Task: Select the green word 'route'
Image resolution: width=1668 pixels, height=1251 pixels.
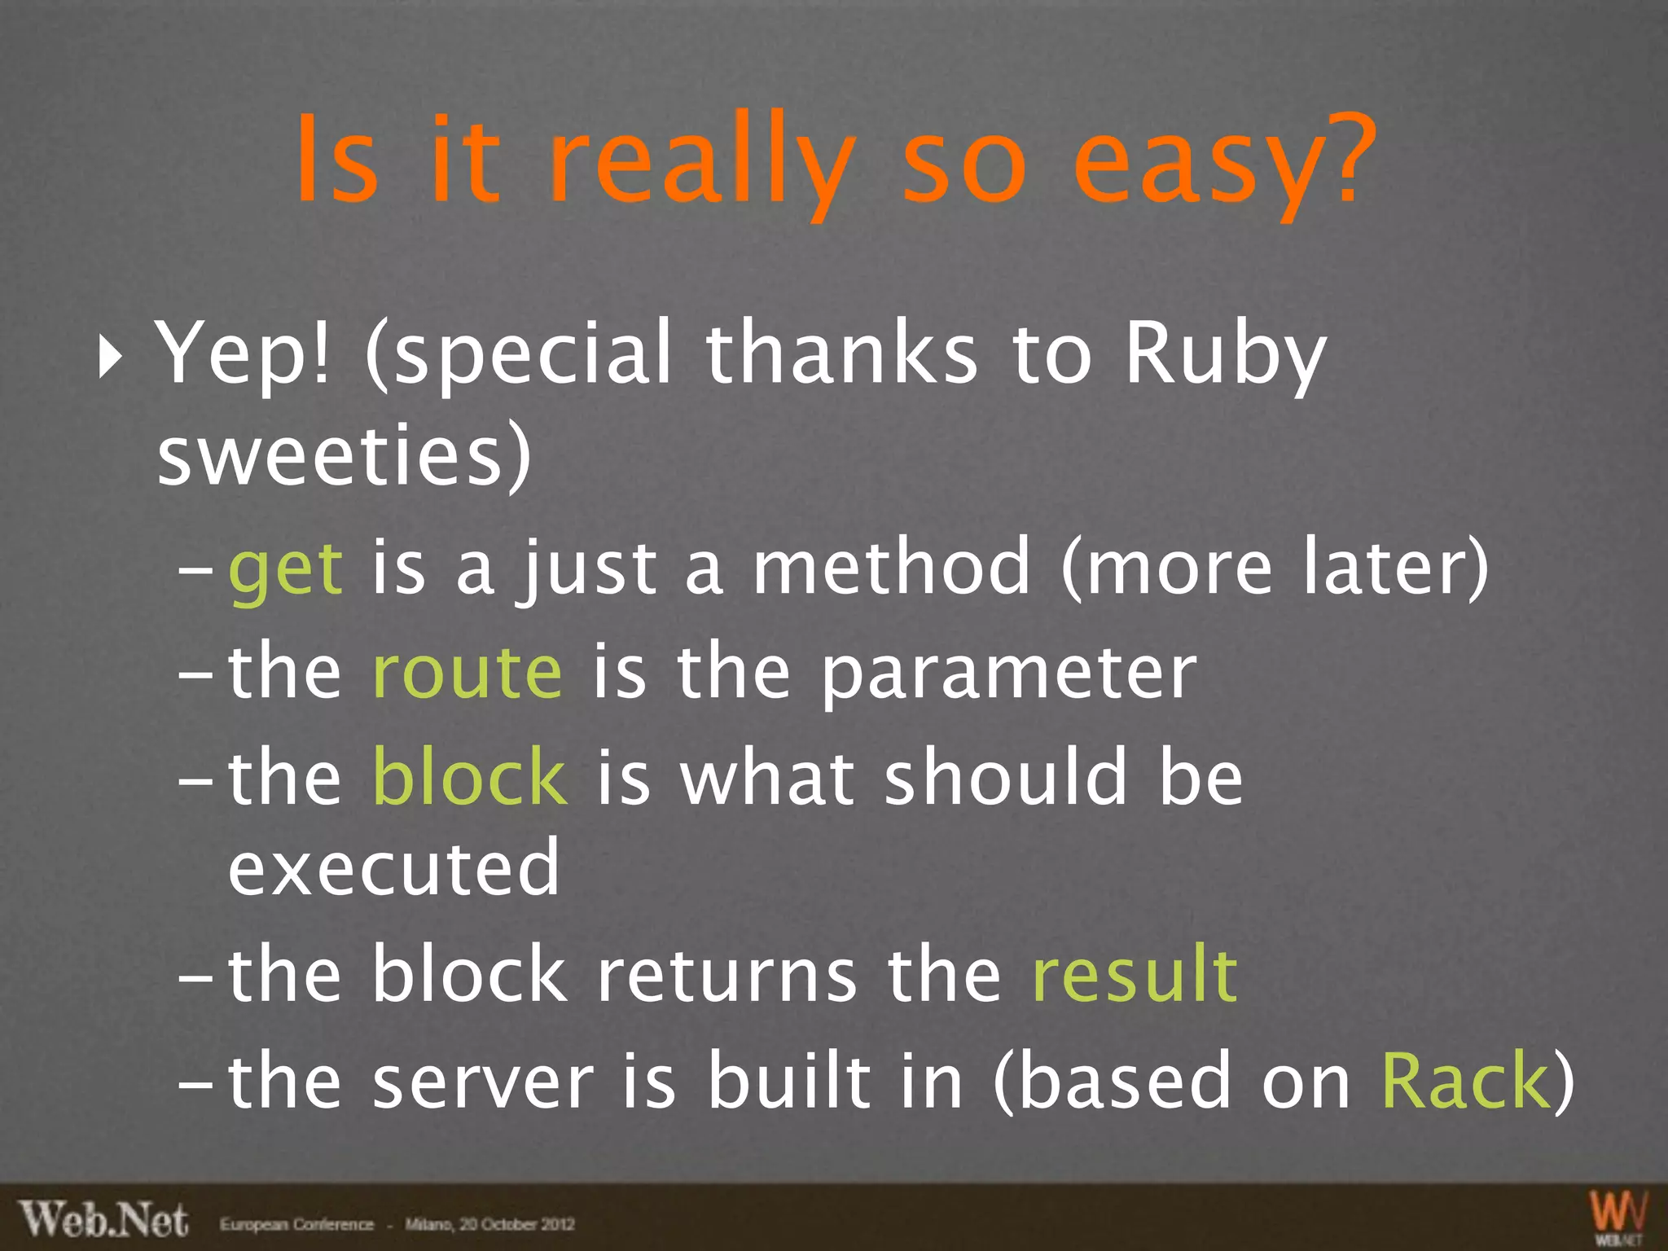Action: [467, 673]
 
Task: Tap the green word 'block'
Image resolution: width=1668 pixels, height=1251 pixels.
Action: [469, 777]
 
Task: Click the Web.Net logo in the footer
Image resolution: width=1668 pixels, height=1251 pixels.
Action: [104, 1220]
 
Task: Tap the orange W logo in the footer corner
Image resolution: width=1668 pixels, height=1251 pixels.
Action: [1619, 1215]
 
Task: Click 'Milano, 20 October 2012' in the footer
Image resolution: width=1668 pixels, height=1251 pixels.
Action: [490, 1224]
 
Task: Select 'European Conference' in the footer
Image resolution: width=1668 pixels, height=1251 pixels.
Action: [296, 1224]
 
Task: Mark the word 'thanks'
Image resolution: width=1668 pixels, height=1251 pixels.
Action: [841, 355]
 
